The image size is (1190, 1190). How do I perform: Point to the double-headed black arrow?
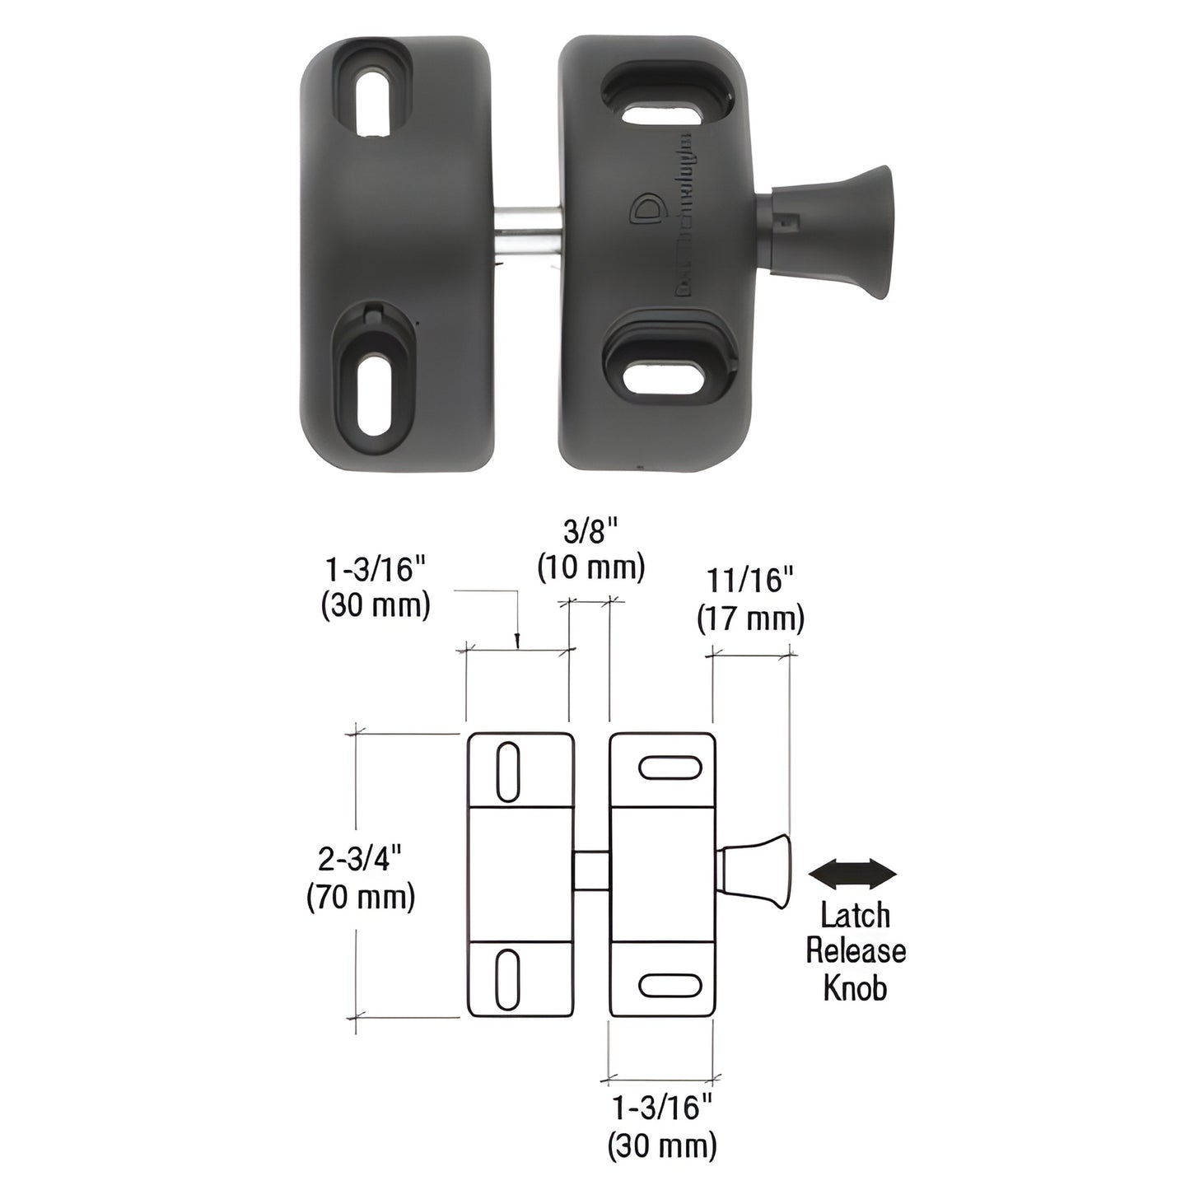[852, 873]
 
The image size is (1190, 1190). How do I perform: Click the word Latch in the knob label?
[855, 915]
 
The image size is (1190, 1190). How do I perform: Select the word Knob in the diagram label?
[855, 987]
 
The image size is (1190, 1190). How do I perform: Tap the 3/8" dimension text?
[590, 533]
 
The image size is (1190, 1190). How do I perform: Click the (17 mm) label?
[749, 618]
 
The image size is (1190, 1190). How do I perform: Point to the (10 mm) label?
[590, 568]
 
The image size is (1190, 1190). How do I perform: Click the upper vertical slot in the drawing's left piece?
[509, 771]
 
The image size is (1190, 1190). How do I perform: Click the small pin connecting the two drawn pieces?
[590, 871]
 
